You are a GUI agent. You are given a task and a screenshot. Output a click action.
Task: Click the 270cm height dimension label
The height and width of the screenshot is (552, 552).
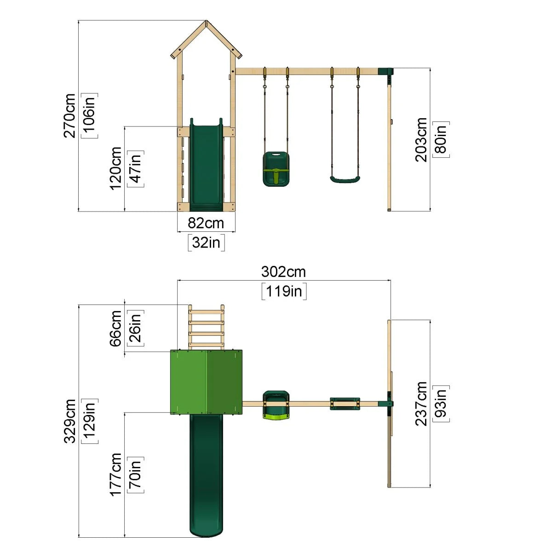click(x=69, y=115)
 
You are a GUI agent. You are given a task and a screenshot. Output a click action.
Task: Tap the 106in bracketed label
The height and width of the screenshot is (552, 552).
click(x=89, y=116)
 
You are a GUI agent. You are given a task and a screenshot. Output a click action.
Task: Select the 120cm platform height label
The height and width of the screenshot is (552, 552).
click(x=115, y=168)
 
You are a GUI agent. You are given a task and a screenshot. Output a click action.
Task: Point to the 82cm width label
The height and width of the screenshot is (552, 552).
click(x=206, y=223)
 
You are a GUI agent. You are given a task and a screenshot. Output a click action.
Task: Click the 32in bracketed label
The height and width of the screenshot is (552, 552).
click(x=206, y=242)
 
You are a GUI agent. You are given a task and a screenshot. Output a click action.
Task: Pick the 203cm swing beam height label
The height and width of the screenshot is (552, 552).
click(x=421, y=140)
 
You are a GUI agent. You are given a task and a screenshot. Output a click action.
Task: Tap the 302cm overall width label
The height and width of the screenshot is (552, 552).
click(x=283, y=272)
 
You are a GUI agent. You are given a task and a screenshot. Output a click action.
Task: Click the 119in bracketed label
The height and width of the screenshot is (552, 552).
click(x=284, y=291)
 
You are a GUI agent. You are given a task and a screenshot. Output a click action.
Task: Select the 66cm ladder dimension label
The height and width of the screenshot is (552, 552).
click(x=115, y=328)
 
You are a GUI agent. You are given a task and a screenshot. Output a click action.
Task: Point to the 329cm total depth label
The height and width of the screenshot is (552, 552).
click(x=69, y=421)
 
